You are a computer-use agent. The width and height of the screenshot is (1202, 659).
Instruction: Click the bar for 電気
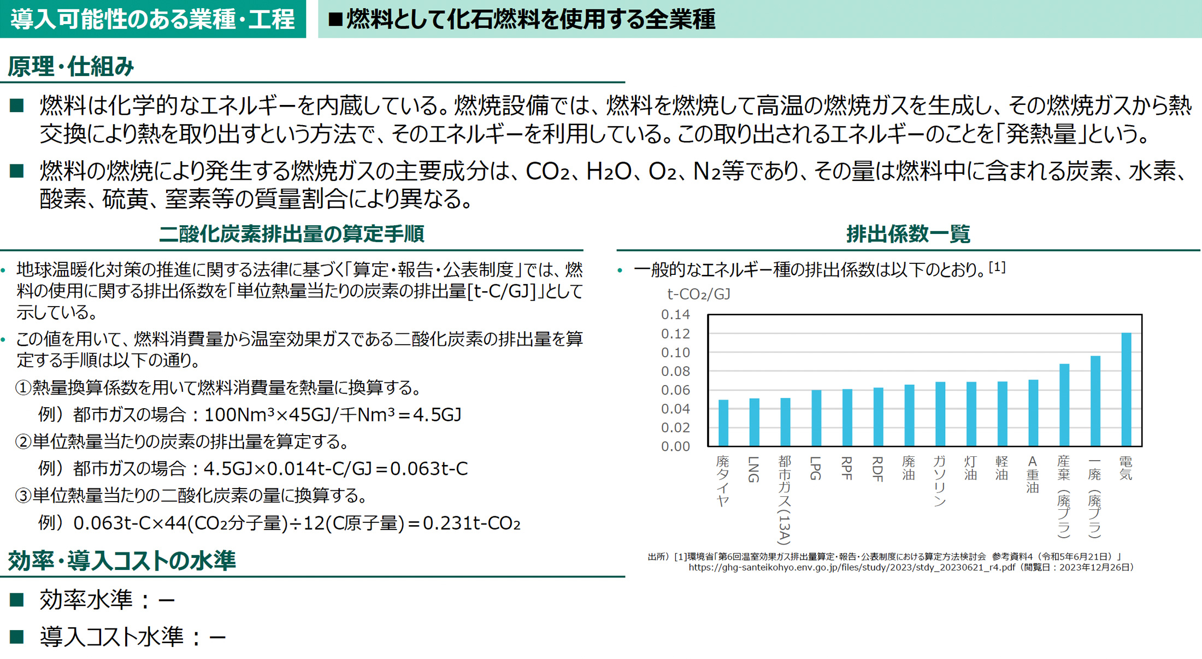pyautogui.click(x=1126, y=389)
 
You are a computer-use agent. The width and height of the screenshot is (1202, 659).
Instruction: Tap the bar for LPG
pyautogui.click(x=816, y=418)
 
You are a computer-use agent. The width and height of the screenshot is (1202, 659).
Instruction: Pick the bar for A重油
pyautogui.click(x=1033, y=413)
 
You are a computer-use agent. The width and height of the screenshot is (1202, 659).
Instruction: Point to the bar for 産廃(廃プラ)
pyautogui.click(x=1064, y=405)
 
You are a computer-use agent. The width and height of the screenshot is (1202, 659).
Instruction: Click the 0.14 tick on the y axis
pyautogui.click(x=675, y=315)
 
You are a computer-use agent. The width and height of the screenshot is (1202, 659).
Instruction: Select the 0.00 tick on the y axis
pyautogui.click(x=675, y=446)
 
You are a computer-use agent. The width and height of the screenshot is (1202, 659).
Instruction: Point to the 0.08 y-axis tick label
pyautogui.click(x=675, y=372)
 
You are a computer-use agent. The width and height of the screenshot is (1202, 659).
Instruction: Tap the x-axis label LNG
pyautogui.click(x=754, y=469)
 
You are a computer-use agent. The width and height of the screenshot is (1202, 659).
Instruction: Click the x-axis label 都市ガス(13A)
pyautogui.click(x=785, y=499)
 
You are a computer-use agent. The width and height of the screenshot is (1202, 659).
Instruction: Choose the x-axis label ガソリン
pyautogui.click(x=940, y=481)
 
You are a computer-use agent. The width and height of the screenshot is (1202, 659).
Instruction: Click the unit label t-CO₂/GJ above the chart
pyautogui.click(x=698, y=295)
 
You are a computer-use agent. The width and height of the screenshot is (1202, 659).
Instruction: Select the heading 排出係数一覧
pyautogui.click(x=908, y=234)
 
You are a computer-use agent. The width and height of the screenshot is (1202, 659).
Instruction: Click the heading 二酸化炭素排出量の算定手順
pyautogui.click(x=291, y=234)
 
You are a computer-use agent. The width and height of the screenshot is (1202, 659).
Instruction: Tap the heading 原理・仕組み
pyautogui.click(x=70, y=67)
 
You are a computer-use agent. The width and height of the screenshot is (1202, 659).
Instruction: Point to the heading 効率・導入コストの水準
pyautogui.click(x=121, y=561)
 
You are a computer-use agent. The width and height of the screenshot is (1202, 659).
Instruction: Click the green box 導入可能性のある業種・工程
pyautogui.click(x=152, y=19)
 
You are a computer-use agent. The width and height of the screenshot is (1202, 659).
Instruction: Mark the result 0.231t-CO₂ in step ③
pyautogui.click(x=472, y=523)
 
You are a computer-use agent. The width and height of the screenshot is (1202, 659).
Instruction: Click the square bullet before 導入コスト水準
pyautogui.click(x=17, y=636)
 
